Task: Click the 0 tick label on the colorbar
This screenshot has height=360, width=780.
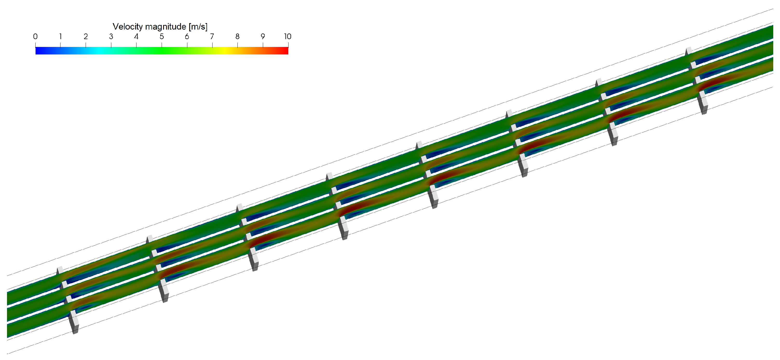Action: click(36, 37)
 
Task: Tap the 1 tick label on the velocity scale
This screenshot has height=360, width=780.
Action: click(60, 37)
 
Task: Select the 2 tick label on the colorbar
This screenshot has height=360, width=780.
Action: click(86, 37)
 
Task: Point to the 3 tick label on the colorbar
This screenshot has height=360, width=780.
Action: click(111, 37)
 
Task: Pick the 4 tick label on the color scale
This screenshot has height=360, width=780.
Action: click(136, 37)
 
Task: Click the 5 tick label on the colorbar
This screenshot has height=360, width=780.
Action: click(162, 37)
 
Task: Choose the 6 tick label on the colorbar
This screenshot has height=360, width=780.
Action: click(187, 37)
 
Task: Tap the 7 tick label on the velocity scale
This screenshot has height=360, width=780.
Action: click(212, 37)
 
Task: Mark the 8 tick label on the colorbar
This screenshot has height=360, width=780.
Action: click(237, 37)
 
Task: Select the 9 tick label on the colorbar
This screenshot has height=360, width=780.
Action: click(263, 37)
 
